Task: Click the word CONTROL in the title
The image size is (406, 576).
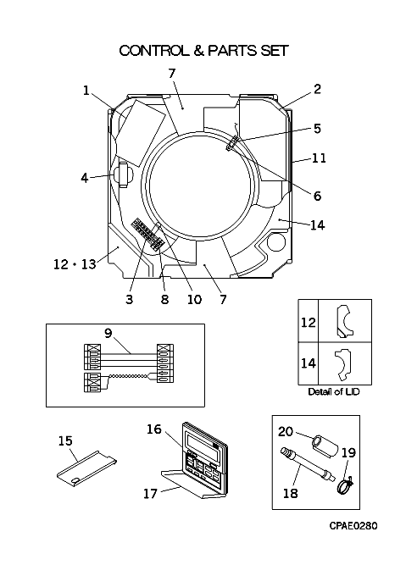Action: pyautogui.click(x=153, y=51)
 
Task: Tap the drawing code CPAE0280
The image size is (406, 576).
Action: pyautogui.click(x=353, y=526)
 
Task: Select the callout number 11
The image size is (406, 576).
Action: pyautogui.click(x=320, y=158)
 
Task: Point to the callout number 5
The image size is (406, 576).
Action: pyautogui.click(x=317, y=129)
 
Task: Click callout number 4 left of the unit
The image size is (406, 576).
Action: pyautogui.click(x=85, y=178)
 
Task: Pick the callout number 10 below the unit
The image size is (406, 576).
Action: pyautogui.click(x=194, y=299)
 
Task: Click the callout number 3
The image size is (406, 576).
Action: pyautogui.click(x=129, y=299)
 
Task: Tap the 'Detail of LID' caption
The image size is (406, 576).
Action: pyautogui.click(x=334, y=391)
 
